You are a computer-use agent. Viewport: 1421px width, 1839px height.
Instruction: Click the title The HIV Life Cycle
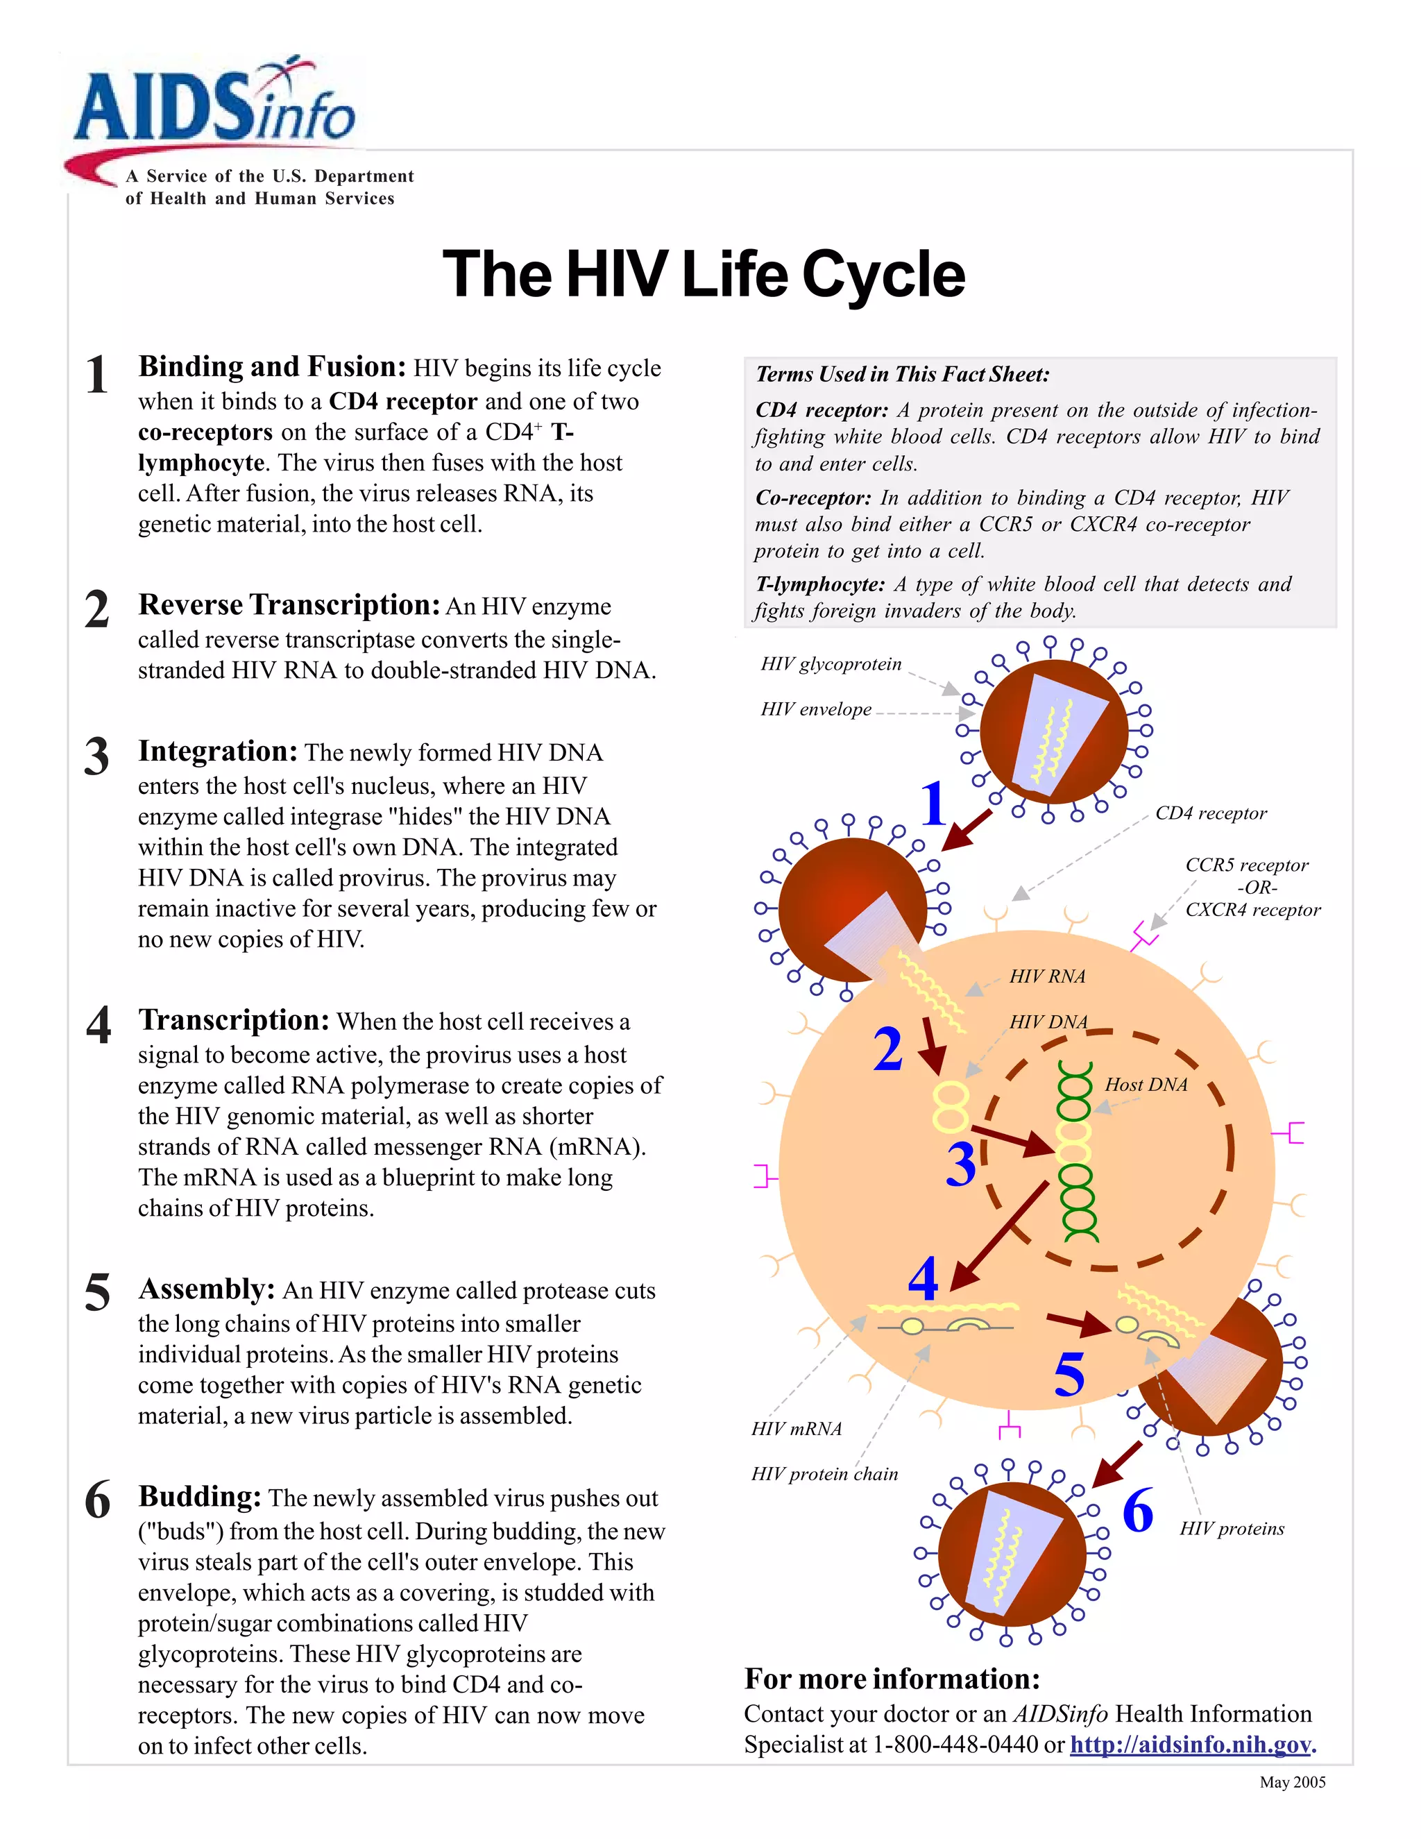pos(704,275)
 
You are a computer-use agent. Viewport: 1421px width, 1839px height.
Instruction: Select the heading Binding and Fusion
pos(272,367)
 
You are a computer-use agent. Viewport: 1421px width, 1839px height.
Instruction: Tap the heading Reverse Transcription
pos(289,605)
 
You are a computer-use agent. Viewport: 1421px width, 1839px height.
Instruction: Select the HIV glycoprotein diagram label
pos(830,664)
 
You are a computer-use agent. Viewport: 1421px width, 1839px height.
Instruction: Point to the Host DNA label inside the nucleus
pos(1146,1085)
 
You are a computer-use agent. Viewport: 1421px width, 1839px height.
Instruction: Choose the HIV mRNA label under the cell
pos(797,1429)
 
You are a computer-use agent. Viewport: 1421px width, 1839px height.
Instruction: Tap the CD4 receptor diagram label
pos(1211,813)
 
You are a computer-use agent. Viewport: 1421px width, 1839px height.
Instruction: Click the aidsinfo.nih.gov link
pos(1191,1745)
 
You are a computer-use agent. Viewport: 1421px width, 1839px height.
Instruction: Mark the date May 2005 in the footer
pos(1292,1783)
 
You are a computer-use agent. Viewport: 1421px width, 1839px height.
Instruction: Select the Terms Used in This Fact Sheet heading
pos(903,375)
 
